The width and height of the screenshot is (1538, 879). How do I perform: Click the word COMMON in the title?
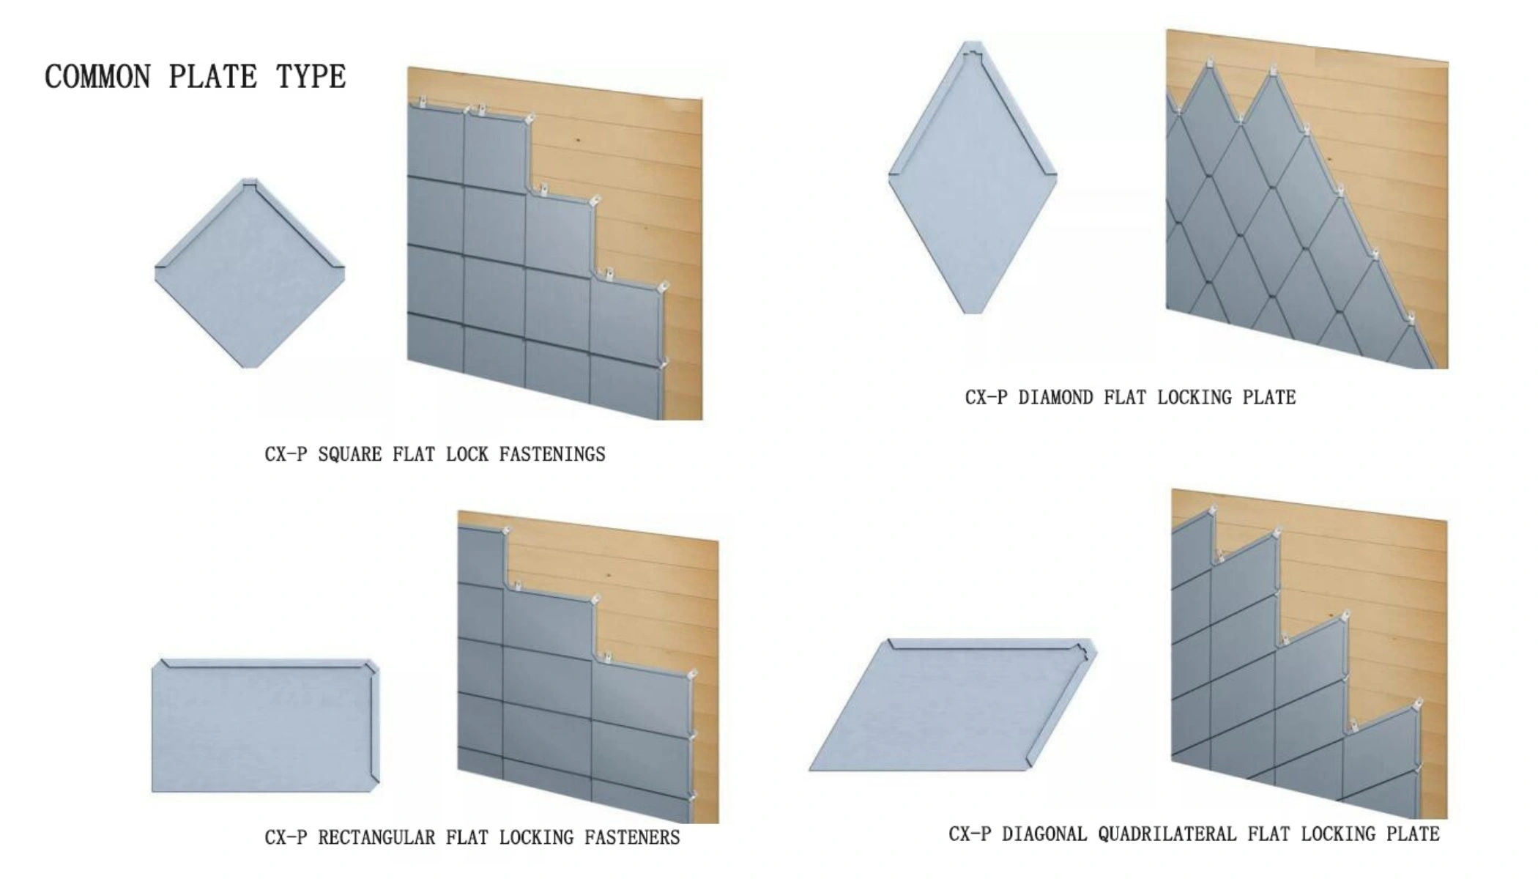[x=98, y=77]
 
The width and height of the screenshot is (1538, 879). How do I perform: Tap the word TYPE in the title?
[x=311, y=77]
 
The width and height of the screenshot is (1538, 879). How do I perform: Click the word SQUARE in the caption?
[x=350, y=455]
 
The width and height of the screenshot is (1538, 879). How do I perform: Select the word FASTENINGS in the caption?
[x=552, y=455]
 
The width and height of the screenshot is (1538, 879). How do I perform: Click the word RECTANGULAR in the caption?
[x=376, y=837]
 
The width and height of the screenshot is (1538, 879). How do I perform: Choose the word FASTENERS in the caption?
[x=632, y=837]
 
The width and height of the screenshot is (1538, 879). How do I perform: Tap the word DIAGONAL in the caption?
[x=1044, y=834]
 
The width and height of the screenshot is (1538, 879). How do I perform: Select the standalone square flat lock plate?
[x=250, y=272]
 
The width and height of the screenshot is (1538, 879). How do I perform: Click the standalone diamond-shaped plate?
[x=973, y=177]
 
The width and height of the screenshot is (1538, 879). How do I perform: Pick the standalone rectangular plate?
[x=266, y=726]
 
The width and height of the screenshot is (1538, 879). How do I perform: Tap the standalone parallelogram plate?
[x=952, y=705]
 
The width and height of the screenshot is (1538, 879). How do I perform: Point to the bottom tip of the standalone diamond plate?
[x=973, y=313]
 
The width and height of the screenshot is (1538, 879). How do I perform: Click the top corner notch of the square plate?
[x=250, y=183]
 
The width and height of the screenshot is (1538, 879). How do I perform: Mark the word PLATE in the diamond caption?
[x=1269, y=398]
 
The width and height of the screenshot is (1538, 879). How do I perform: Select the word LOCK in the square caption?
[x=467, y=455]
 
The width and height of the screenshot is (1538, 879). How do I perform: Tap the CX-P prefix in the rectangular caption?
[x=286, y=837]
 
